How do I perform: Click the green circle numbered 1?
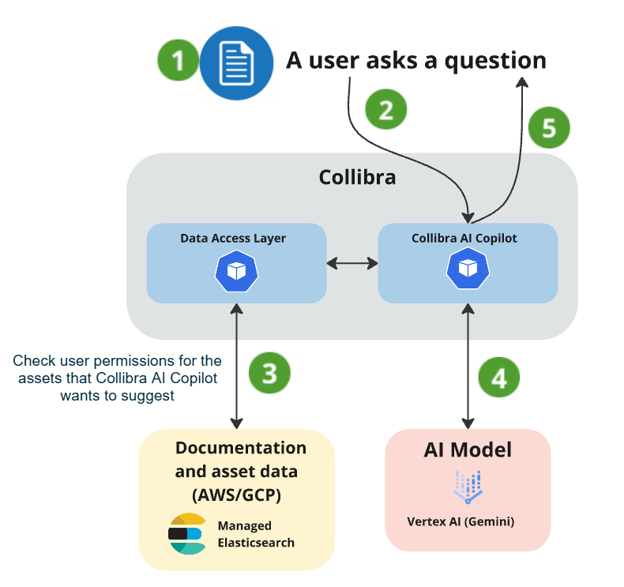179,60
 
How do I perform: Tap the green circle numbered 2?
385,110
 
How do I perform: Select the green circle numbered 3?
269,372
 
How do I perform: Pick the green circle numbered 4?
499,378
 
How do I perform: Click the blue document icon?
231,61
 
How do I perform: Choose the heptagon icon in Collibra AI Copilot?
467,271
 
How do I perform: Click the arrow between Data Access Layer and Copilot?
352,262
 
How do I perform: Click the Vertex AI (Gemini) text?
467,521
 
